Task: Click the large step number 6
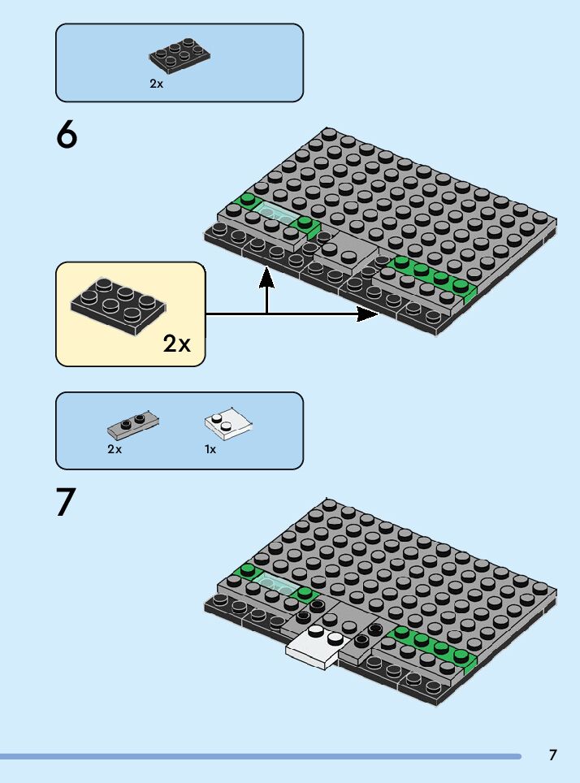pos(67,135)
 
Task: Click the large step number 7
pos(67,502)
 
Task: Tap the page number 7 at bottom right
pos(553,755)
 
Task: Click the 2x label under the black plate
pos(156,84)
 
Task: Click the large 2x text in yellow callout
pos(176,344)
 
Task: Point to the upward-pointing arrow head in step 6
pos(266,278)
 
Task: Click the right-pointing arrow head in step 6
pos(370,314)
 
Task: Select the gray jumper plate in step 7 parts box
pos(133,422)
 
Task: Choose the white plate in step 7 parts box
pos(228,424)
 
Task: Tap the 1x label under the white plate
pos(210,449)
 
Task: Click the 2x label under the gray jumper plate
pos(114,449)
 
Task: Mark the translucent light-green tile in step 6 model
pos(277,216)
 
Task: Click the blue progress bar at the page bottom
pos(260,756)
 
